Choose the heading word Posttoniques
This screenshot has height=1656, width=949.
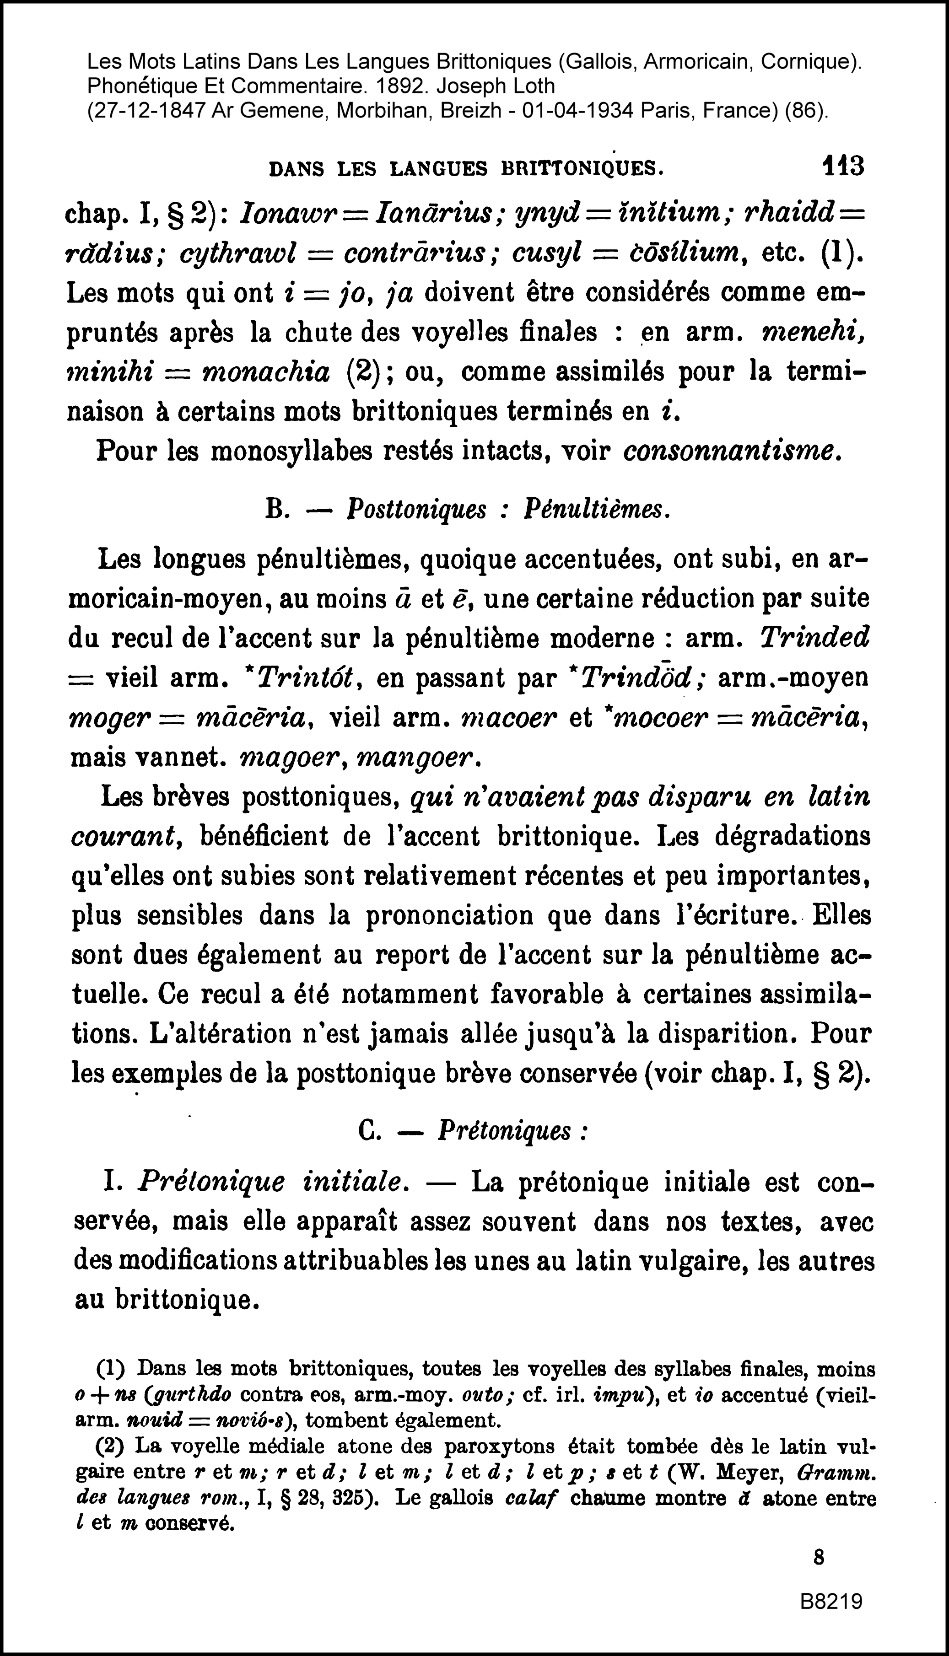416,510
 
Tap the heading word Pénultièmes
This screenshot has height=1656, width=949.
596,510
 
